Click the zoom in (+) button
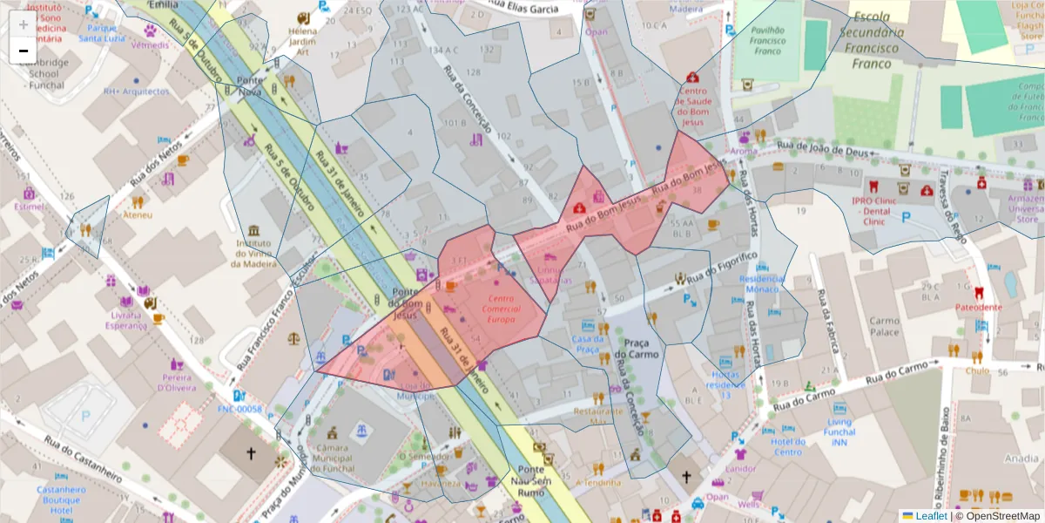[x=24, y=24]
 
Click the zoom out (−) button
[x=24, y=51]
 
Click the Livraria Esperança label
[x=126, y=320]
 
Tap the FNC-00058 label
[x=239, y=408]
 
